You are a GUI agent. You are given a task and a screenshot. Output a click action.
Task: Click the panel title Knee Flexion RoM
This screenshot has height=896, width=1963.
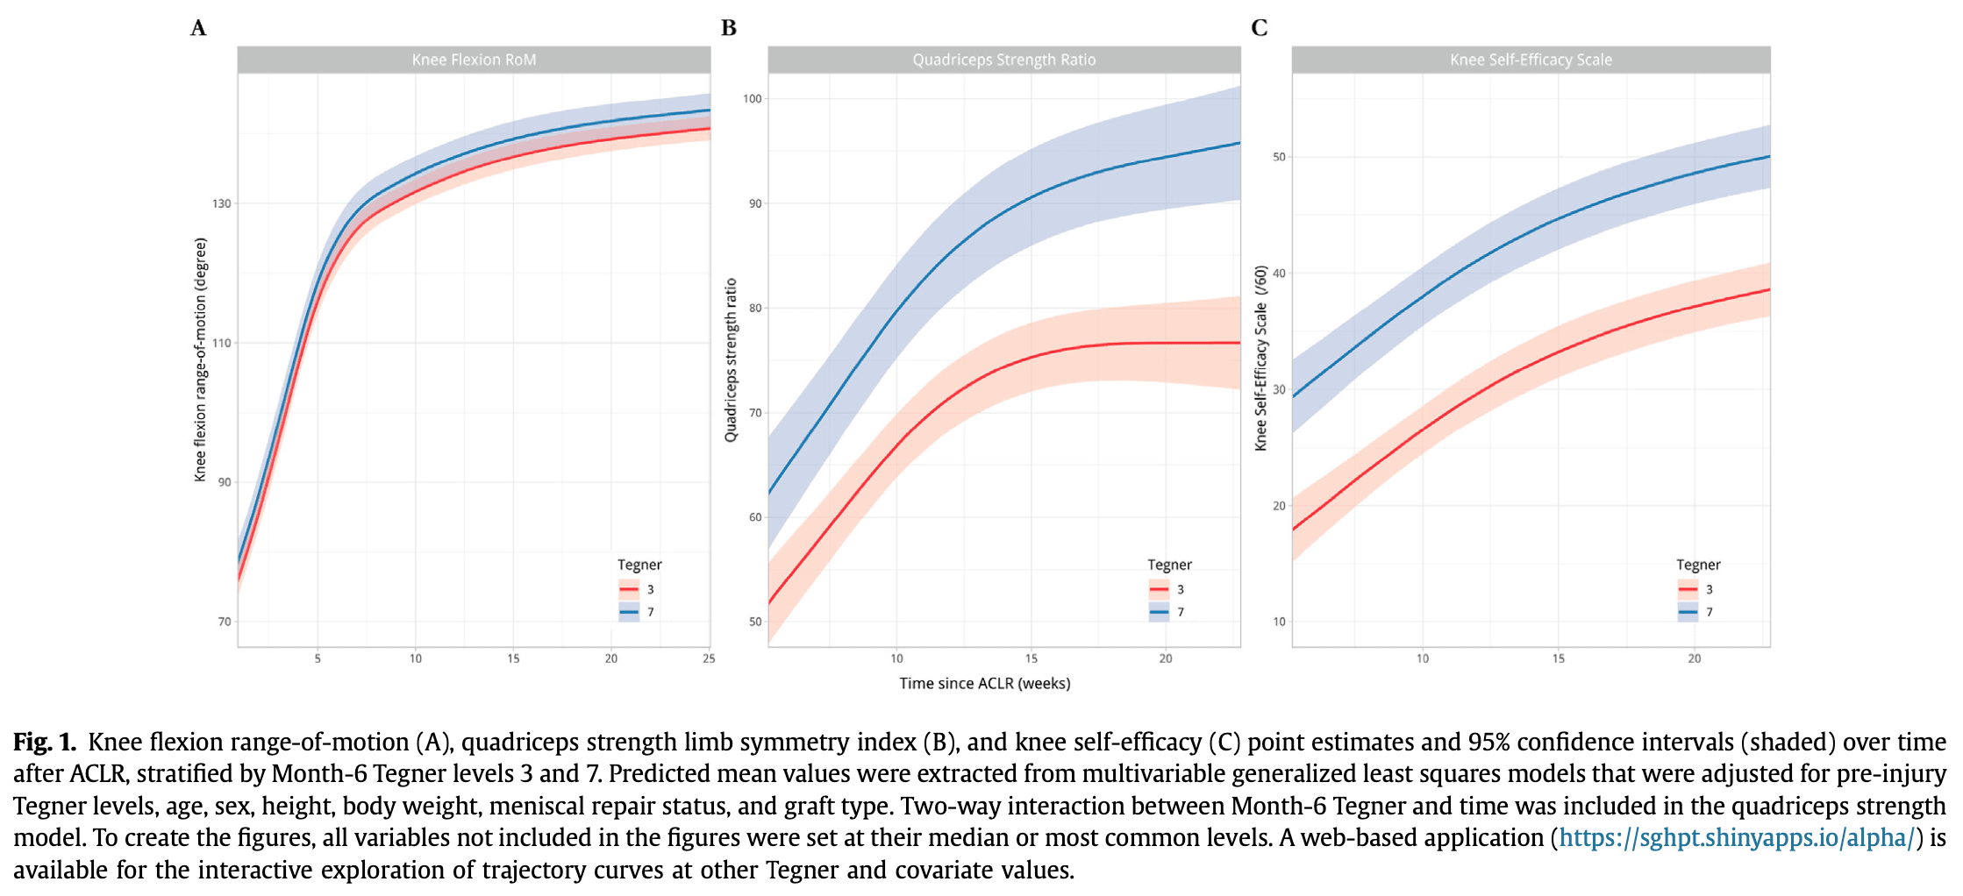click(474, 60)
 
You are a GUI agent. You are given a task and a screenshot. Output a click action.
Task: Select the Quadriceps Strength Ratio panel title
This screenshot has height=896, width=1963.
click(1003, 60)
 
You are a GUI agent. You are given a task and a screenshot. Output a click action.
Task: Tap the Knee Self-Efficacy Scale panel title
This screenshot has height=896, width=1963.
click(1531, 60)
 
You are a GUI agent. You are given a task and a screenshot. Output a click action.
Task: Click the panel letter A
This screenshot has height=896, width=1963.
click(198, 28)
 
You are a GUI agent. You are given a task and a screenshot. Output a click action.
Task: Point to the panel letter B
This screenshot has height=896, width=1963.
click(728, 28)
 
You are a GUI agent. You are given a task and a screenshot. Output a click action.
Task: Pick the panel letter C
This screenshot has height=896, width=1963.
click(1259, 28)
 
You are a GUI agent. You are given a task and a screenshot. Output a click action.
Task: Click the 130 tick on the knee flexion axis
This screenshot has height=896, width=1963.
click(222, 203)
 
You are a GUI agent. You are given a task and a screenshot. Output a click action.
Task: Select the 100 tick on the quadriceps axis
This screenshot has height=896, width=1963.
click(753, 99)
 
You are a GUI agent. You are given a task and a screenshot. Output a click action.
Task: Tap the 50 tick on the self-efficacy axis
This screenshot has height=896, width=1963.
click(1280, 157)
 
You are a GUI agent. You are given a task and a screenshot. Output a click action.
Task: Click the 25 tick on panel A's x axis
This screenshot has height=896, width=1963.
click(709, 658)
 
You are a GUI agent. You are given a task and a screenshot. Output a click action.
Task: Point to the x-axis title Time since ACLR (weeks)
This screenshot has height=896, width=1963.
click(984, 683)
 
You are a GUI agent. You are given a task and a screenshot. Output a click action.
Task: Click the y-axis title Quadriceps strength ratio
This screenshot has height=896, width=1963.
click(731, 360)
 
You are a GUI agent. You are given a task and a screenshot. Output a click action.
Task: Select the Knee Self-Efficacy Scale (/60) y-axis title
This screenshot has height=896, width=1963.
click(1260, 359)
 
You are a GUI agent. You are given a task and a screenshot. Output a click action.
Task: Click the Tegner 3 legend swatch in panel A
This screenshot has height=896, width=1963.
click(629, 589)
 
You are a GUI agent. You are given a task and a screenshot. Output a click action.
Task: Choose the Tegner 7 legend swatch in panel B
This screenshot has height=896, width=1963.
click(1159, 612)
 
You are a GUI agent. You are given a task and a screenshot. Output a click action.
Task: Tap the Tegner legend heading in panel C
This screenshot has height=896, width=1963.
click(1698, 565)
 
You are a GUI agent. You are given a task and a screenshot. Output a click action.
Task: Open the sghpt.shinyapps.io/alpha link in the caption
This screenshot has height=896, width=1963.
click(1736, 837)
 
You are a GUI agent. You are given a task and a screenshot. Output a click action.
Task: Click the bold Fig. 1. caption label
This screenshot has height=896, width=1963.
click(45, 742)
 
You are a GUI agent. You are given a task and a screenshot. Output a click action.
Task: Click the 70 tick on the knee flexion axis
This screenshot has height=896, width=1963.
click(225, 622)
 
